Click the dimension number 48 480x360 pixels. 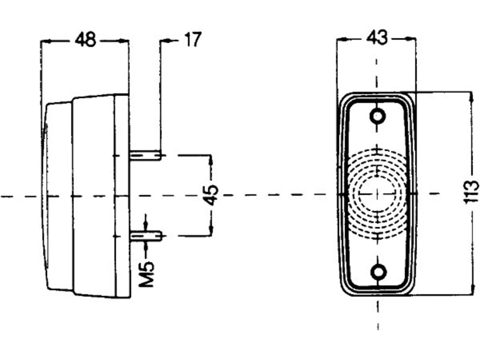85,40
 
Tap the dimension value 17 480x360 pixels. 193,39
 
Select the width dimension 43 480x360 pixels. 377,38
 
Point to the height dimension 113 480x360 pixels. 471,193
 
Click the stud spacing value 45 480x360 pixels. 211,195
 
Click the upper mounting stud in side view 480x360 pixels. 146,155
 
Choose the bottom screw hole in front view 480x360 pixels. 378,272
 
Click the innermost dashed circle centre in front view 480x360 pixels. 378,193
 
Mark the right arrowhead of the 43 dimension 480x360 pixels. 411,39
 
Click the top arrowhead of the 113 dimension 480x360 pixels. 471,97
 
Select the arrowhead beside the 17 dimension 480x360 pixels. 165,40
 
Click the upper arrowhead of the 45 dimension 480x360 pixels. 211,160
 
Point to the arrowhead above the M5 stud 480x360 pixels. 146,226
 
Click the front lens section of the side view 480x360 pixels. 58,196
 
